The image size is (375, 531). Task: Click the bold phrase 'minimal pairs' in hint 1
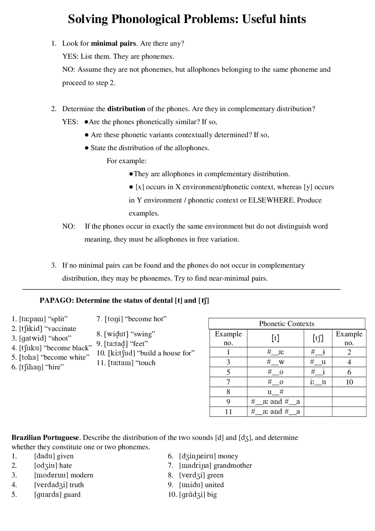(113, 44)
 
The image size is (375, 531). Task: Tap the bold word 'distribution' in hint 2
(126, 109)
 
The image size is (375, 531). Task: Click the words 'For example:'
(126, 161)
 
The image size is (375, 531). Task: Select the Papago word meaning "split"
(33, 319)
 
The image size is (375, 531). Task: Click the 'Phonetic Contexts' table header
(286, 324)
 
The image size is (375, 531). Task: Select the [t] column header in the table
(275, 338)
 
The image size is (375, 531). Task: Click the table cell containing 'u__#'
(275, 392)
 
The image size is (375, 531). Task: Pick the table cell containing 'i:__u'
(318, 382)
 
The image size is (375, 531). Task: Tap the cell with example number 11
(228, 412)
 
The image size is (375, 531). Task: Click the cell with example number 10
(349, 382)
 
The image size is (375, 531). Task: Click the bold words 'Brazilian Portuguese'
(45, 438)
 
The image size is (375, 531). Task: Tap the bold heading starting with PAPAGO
(124, 301)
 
